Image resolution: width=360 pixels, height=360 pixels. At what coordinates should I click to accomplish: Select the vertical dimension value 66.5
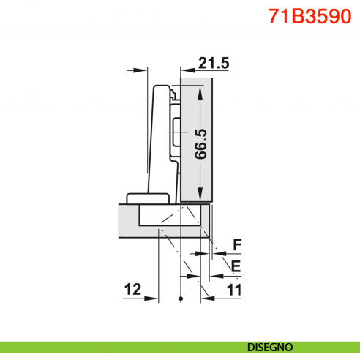202,143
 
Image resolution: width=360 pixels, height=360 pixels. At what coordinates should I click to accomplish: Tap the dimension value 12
132,290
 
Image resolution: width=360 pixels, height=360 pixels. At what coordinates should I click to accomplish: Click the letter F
236,244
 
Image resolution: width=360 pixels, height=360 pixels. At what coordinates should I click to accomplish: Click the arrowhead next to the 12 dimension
153,298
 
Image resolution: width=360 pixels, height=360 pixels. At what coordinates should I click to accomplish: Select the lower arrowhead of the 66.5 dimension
202,196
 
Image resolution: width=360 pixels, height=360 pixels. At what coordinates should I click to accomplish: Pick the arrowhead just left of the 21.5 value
184,71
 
